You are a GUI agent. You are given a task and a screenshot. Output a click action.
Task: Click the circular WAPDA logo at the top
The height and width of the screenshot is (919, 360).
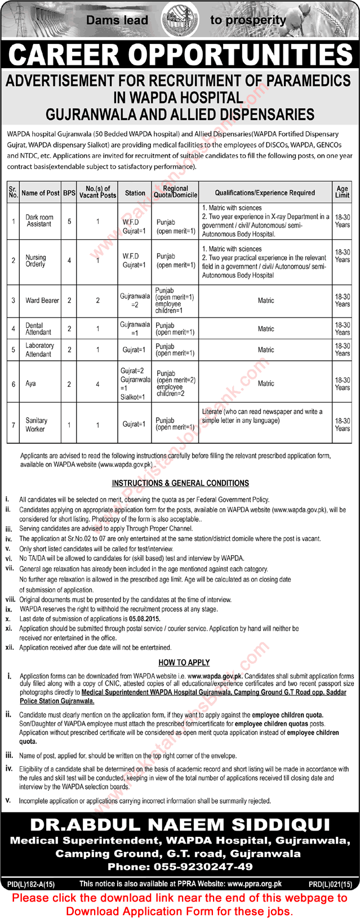(179, 20)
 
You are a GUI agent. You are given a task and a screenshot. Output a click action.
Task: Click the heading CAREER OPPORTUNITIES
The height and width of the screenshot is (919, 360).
(180, 55)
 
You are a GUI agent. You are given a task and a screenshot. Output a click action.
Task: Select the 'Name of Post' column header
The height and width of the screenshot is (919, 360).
(40, 193)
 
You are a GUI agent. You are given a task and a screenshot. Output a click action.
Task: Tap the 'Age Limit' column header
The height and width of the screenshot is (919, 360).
(342, 193)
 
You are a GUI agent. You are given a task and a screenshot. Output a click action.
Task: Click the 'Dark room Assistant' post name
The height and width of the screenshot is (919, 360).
(39, 221)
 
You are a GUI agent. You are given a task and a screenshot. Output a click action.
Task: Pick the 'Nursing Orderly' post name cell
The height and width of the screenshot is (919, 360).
(35, 261)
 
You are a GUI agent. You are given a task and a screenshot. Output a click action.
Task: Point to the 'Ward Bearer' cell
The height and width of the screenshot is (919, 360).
(42, 301)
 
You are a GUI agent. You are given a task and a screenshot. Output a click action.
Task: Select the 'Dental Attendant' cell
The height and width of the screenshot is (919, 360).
(38, 329)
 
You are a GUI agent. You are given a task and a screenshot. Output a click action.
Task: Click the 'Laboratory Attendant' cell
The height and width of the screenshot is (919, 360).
(39, 350)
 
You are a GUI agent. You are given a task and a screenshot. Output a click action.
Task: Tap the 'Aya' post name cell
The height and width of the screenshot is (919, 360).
(30, 383)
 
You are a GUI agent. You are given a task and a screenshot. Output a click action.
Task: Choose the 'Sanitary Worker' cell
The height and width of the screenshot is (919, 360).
(35, 425)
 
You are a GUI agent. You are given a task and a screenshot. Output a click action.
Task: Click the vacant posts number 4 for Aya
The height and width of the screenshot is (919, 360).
(97, 383)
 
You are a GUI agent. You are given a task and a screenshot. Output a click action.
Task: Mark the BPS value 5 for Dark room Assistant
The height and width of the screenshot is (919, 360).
(69, 221)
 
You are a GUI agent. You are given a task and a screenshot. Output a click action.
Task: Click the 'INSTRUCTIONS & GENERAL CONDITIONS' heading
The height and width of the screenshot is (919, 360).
(180, 483)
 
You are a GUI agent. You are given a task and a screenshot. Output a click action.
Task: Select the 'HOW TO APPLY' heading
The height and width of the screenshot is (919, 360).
(184, 663)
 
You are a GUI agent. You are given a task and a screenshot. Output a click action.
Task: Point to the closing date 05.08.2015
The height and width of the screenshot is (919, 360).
(145, 618)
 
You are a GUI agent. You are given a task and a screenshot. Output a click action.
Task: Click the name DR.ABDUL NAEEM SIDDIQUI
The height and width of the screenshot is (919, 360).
(180, 825)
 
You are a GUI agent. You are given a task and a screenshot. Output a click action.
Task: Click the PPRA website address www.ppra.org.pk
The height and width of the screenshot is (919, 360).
(255, 884)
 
